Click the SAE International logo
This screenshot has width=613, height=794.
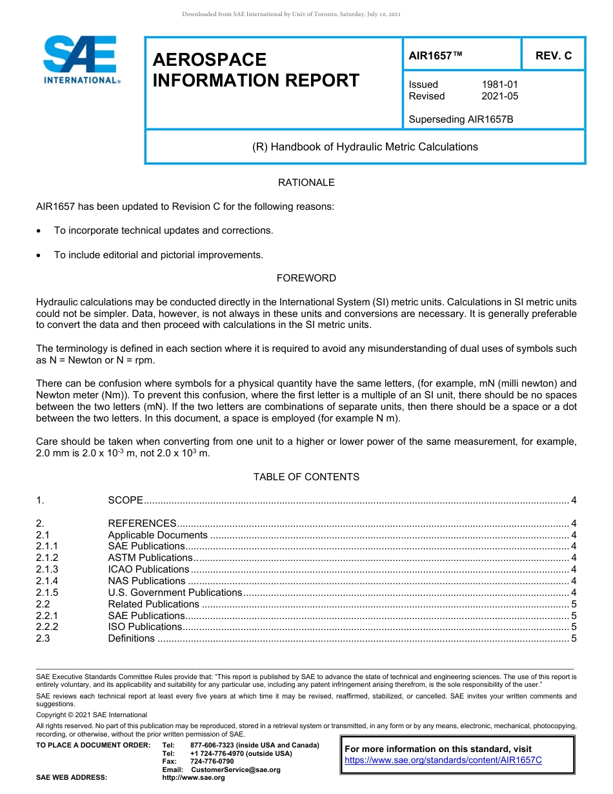pos(81,60)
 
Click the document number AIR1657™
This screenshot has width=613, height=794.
pos(436,56)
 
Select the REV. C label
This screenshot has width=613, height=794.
pos(553,56)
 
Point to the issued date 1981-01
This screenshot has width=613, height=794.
pos(499,85)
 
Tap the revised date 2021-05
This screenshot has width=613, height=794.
pos(499,96)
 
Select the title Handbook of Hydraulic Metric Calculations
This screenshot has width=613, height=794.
pos(365,147)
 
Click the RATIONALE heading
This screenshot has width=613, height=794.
pos(306,183)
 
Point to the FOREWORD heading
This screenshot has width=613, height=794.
pos(306,278)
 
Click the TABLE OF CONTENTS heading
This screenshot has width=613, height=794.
pos(306,477)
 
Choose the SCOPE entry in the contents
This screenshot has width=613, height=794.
pos(125,500)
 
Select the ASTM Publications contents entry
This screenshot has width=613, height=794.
pos(150,558)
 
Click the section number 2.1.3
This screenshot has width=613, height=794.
pos(47,569)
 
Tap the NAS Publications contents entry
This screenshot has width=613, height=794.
pos(146,581)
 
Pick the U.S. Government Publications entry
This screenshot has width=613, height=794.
pos(175,593)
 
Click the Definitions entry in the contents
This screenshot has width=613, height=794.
pos(131,638)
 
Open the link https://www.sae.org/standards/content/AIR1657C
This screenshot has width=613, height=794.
pos(443,760)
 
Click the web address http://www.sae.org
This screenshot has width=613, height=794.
pos(194,777)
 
